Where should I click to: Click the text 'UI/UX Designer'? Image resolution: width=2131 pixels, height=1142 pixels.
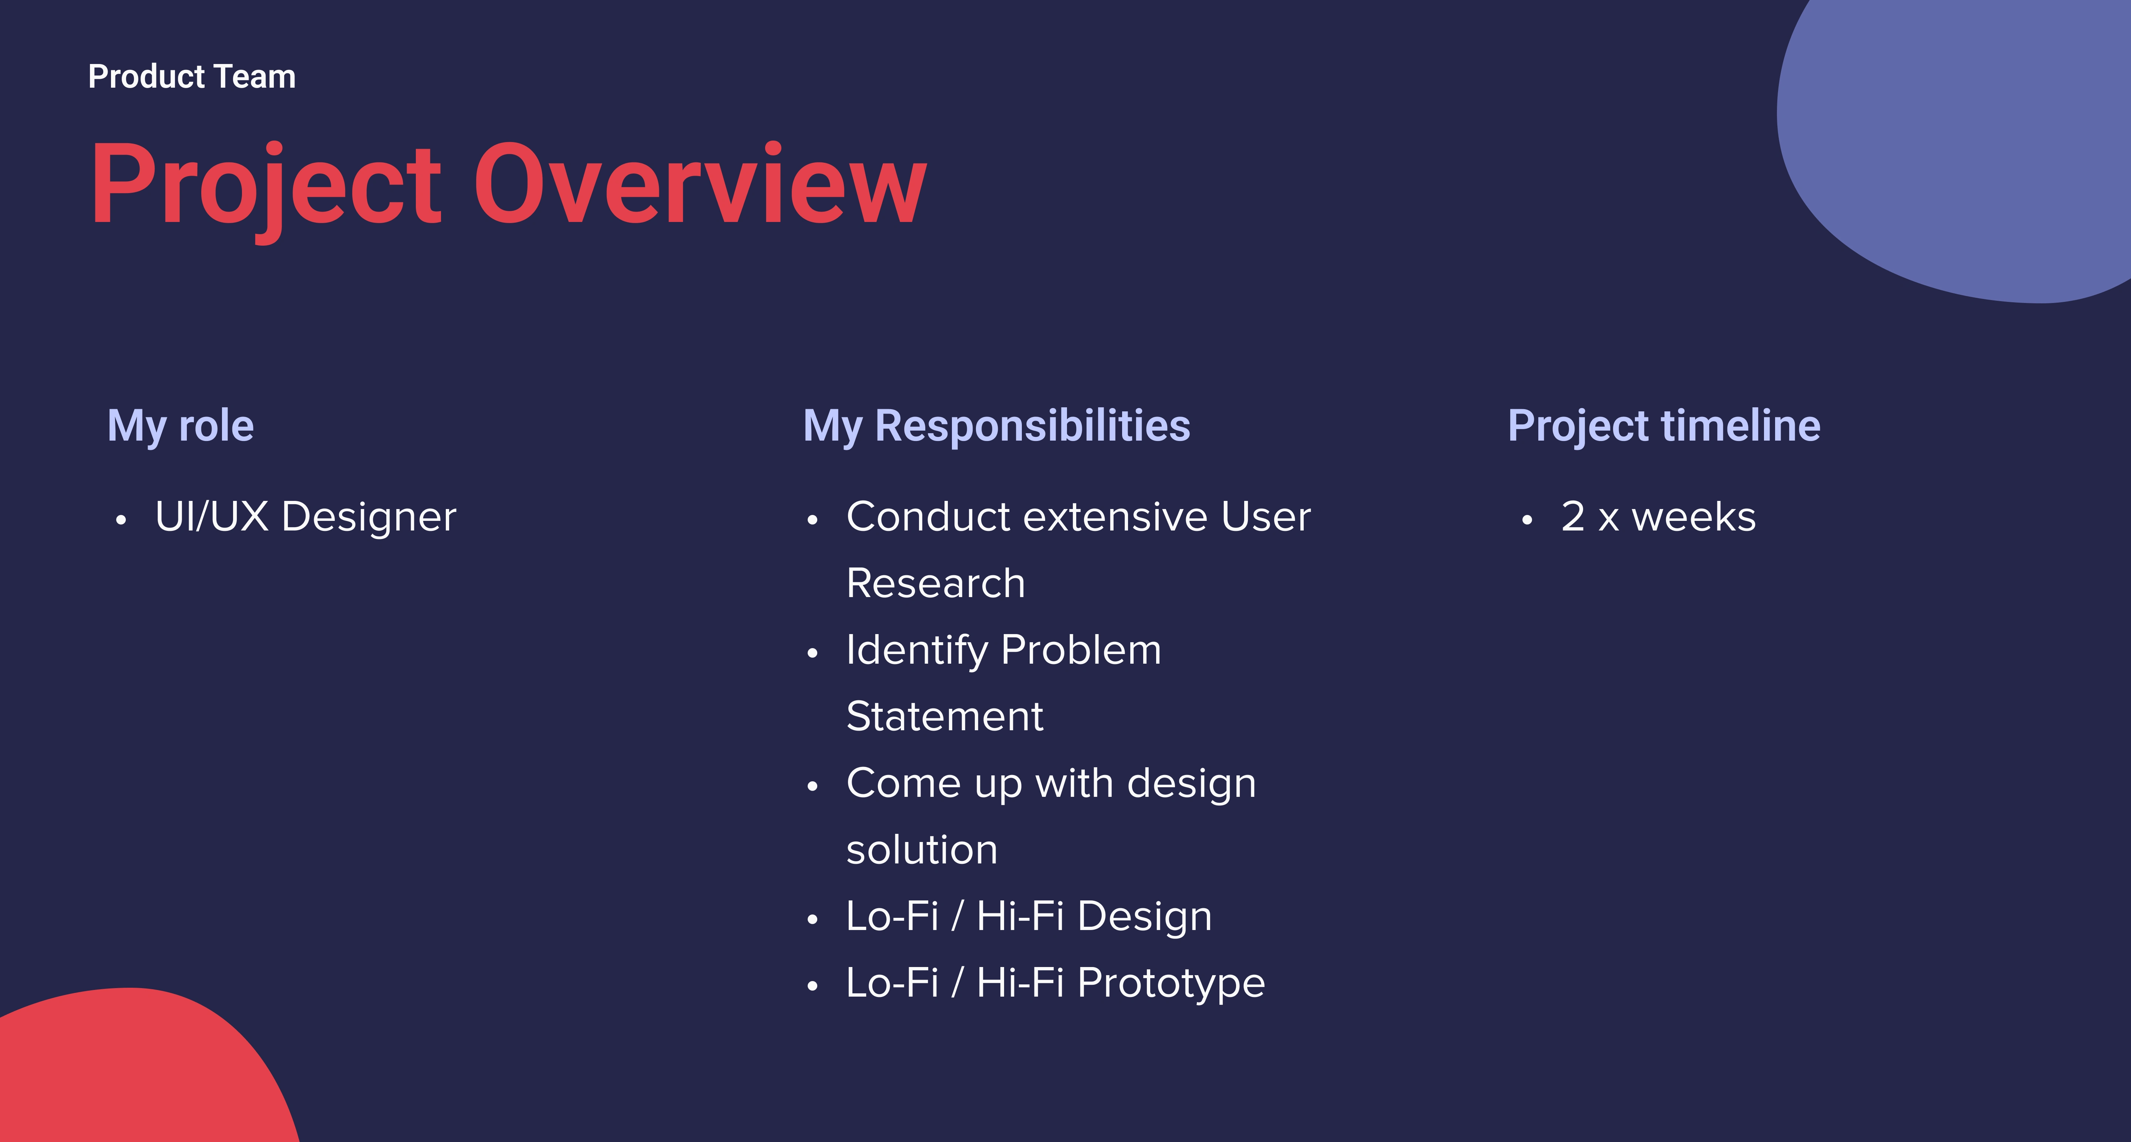[305, 517]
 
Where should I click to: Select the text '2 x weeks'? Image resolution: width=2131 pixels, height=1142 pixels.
[1658, 517]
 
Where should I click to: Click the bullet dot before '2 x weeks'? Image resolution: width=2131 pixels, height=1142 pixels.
[1527, 520]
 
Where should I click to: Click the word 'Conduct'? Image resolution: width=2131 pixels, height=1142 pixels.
[929, 517]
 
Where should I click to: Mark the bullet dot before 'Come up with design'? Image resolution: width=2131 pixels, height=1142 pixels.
[812, 786]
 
